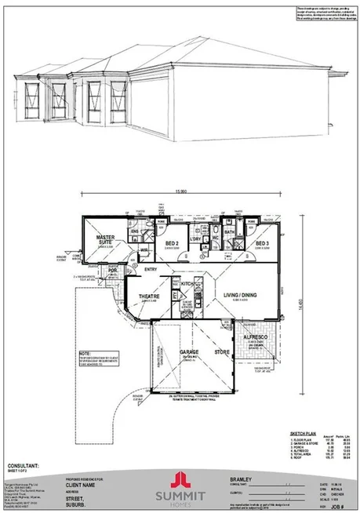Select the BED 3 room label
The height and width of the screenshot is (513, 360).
coord(263,244)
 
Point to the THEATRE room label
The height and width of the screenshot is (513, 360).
coord(150,297)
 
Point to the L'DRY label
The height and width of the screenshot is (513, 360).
coord(195,238)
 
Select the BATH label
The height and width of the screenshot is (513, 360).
coord(230,232)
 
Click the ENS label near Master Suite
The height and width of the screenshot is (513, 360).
coord(134,232)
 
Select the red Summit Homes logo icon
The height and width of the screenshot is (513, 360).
coord(180,478)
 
